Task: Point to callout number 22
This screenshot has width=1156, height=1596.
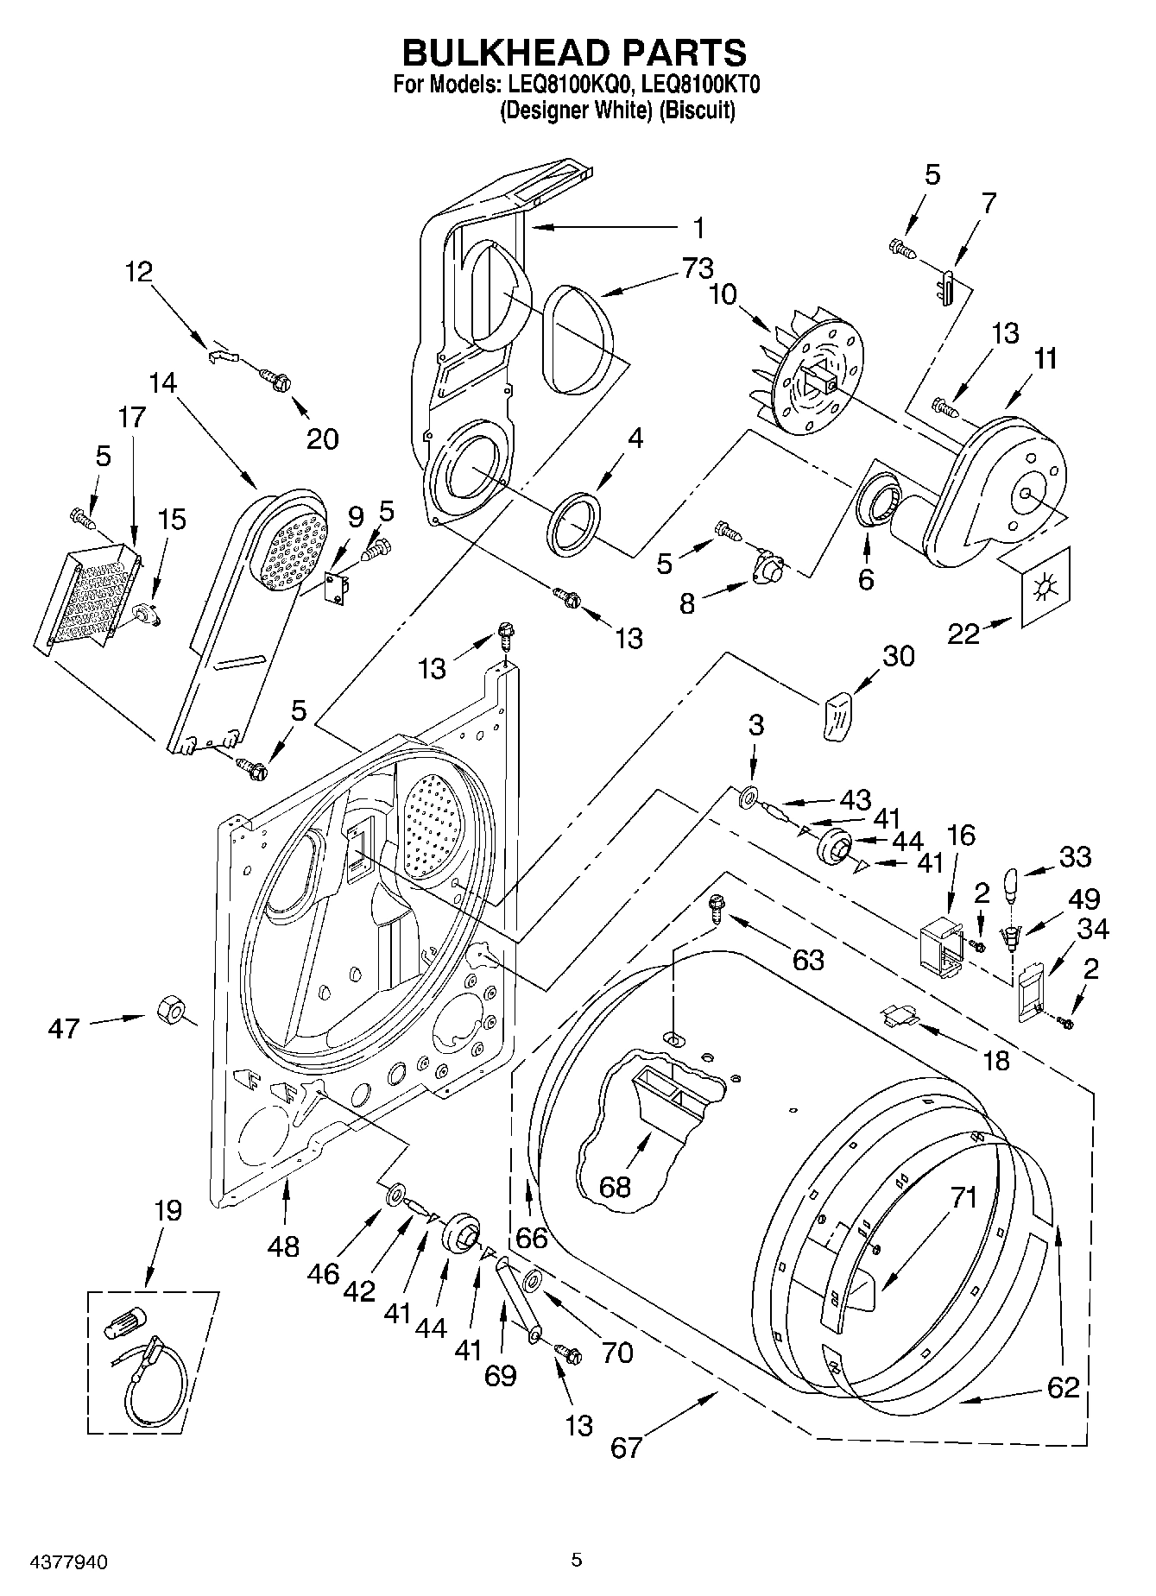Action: click(963, 634)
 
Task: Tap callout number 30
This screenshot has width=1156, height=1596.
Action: click(898, 656)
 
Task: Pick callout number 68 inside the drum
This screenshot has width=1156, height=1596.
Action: click(615, 1187)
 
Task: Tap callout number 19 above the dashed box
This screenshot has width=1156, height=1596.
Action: click(167, 1210)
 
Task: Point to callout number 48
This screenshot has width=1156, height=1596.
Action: click(283, 1246)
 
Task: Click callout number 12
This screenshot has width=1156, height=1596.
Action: click(138, 272)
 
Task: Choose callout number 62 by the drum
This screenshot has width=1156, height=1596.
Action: click(1062, 1387)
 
